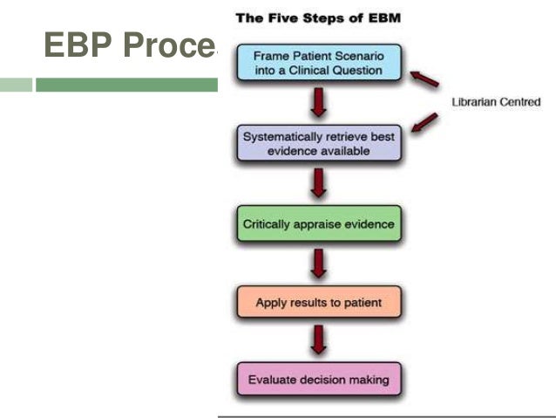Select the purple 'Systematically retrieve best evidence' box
(x=318, y=143)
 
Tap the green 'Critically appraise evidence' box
(x=318, y=223)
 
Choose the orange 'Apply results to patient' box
(x=318, y=303)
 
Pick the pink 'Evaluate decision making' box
(x=318, y=380)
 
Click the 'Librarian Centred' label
(x=495, y=102)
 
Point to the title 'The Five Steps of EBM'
(x=318, y=18)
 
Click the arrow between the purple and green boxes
(x=318, y=183)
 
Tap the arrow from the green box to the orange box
(x=318, y=263)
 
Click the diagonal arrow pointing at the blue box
(x=424, y=79)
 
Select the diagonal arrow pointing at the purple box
(x=424, y=123)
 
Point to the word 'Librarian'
(x=476, y=102)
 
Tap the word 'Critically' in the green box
(x=270, y=223)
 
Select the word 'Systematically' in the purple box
(x=282, y=137)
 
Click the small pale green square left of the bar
(x=16, y=85)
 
